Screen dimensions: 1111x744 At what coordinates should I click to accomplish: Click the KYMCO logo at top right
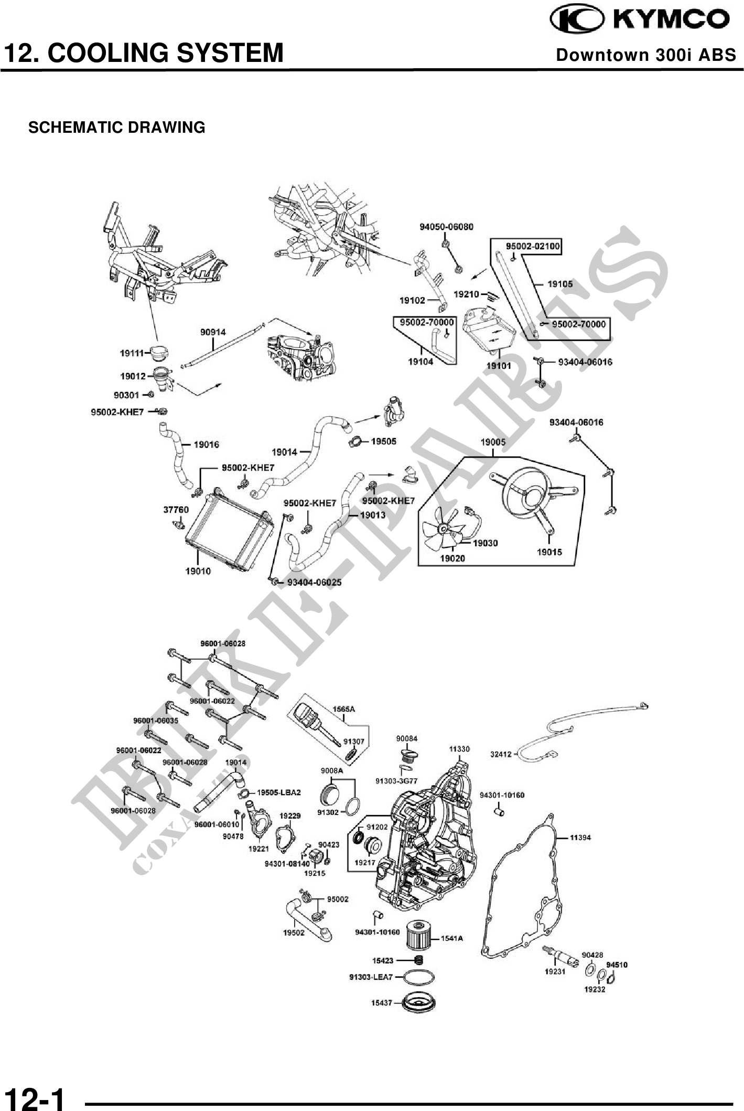[x=639, y=19]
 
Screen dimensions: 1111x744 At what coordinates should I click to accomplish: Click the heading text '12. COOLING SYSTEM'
[x=143, y=53]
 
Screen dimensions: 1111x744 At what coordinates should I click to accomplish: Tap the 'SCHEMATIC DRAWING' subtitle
[x=116, y=128]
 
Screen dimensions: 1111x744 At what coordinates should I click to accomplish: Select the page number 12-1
[x=34, y=1096]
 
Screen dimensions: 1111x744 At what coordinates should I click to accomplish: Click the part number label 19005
[x=493, y=442]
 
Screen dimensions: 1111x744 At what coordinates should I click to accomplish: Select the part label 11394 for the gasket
[x=580, y=837]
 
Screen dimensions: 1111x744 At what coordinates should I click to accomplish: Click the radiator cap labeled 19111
[x=158, y=353]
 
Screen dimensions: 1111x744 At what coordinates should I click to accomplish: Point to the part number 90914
[x=213, y=332]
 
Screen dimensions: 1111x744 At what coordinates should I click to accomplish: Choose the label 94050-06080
[x=446, y=227]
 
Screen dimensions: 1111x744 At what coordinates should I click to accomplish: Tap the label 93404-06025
[x=314, y=582]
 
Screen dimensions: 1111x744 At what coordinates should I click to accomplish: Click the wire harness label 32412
[x=500, y=754]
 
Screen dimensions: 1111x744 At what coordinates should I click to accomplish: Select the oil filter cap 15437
[x=418, y=1003]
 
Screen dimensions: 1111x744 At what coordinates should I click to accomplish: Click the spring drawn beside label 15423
[x=419, y=960]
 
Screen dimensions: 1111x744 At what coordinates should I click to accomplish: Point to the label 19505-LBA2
[x=278, y=792]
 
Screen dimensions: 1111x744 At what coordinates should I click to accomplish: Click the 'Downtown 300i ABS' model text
[x=646, y=55]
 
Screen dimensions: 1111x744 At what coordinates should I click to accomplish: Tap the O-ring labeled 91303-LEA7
[x=418, y=977]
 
